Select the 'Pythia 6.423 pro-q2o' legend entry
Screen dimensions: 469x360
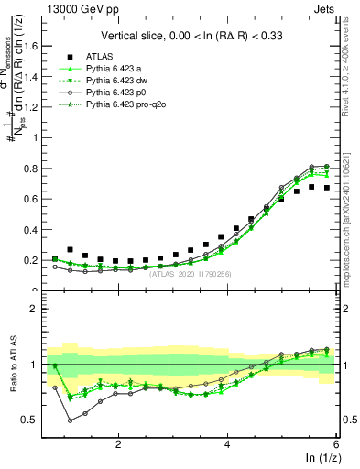126,106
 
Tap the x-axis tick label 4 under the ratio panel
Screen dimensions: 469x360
227,444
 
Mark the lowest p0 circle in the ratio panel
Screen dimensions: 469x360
71,420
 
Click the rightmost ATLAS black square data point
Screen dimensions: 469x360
327,188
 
